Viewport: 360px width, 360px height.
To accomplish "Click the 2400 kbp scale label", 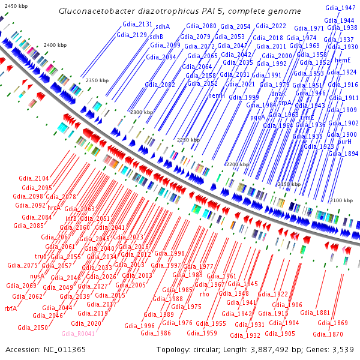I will (56, 46).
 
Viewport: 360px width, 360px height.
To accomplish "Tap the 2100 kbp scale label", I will (342, 200).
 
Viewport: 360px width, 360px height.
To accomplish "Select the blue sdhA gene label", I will (163, 26).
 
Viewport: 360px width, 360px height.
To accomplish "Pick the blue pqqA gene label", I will (257, 118).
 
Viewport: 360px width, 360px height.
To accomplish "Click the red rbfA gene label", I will (10, 308).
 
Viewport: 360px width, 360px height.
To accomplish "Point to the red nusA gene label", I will (37, 276).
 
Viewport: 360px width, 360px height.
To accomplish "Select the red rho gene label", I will (204, 295).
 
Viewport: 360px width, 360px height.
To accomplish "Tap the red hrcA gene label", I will (54, 208).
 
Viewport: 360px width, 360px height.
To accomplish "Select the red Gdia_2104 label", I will (34, 178).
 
